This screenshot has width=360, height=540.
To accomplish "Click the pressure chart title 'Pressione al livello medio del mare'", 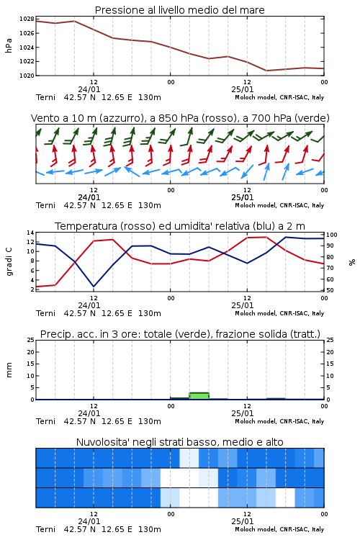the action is [179, 10].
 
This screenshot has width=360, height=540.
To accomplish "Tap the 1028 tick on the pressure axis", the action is [27, 19].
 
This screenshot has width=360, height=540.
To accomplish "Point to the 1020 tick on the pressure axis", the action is [27, 76].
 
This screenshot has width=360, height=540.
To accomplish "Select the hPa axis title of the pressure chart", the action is [9, 45].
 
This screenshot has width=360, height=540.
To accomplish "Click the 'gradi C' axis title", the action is [9, 262].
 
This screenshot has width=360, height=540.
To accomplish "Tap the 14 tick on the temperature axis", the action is [31, 233].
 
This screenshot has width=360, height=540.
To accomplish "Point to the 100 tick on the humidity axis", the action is [332, 235].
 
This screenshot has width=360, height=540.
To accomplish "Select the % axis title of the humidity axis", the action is [352, 262].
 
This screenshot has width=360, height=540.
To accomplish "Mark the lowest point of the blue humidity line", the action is [94, 287].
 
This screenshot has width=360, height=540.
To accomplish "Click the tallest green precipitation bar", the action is [199, 396].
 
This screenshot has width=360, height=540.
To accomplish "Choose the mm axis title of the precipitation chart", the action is [9, 370].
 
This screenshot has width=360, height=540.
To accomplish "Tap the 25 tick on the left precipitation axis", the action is [31, 340].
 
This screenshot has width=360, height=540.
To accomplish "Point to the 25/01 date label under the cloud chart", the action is [243, 521].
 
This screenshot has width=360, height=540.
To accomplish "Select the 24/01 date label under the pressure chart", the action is [89, 89].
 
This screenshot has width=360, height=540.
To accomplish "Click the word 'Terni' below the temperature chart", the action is [46, 313].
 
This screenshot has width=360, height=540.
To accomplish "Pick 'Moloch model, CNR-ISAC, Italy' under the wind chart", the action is [279, 206].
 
